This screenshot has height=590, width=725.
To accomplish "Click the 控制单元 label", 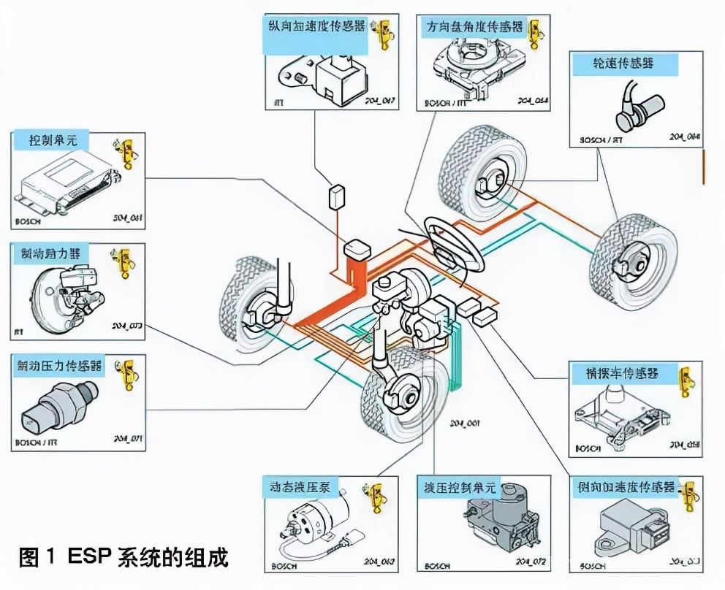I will [x=53, y=140].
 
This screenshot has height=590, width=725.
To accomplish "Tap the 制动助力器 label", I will [x=50, y=253].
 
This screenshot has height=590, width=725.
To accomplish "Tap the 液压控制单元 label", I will [x=458, y=487].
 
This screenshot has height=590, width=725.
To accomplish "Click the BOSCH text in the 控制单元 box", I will [x=27, y=220].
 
